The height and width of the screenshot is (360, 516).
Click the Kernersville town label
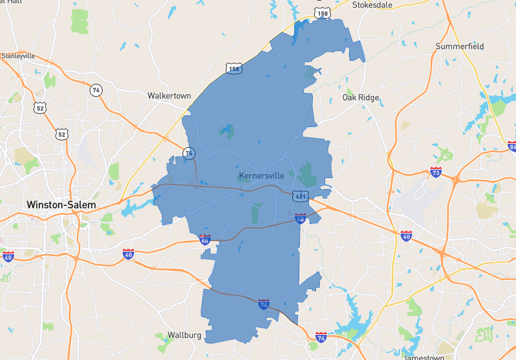[x=261, y=175]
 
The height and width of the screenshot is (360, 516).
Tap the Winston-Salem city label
[x=61, y=205]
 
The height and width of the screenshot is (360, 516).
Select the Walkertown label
[x=169, y=95]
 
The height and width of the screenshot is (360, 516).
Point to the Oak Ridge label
[x=361, y=98]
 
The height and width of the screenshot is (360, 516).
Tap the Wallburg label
[x=184, y=335]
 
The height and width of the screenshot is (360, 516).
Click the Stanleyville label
[x=17, y=56]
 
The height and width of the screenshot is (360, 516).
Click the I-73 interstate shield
[x=435, y=172]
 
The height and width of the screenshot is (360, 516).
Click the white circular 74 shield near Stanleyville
[x=96, y=90]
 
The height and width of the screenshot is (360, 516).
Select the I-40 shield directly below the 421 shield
[x=300, y=219]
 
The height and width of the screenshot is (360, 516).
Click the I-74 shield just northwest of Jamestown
[x=321, y=337]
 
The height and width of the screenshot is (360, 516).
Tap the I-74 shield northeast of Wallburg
[x=263, y=303]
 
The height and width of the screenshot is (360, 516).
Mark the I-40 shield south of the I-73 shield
[x=406, y=236]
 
